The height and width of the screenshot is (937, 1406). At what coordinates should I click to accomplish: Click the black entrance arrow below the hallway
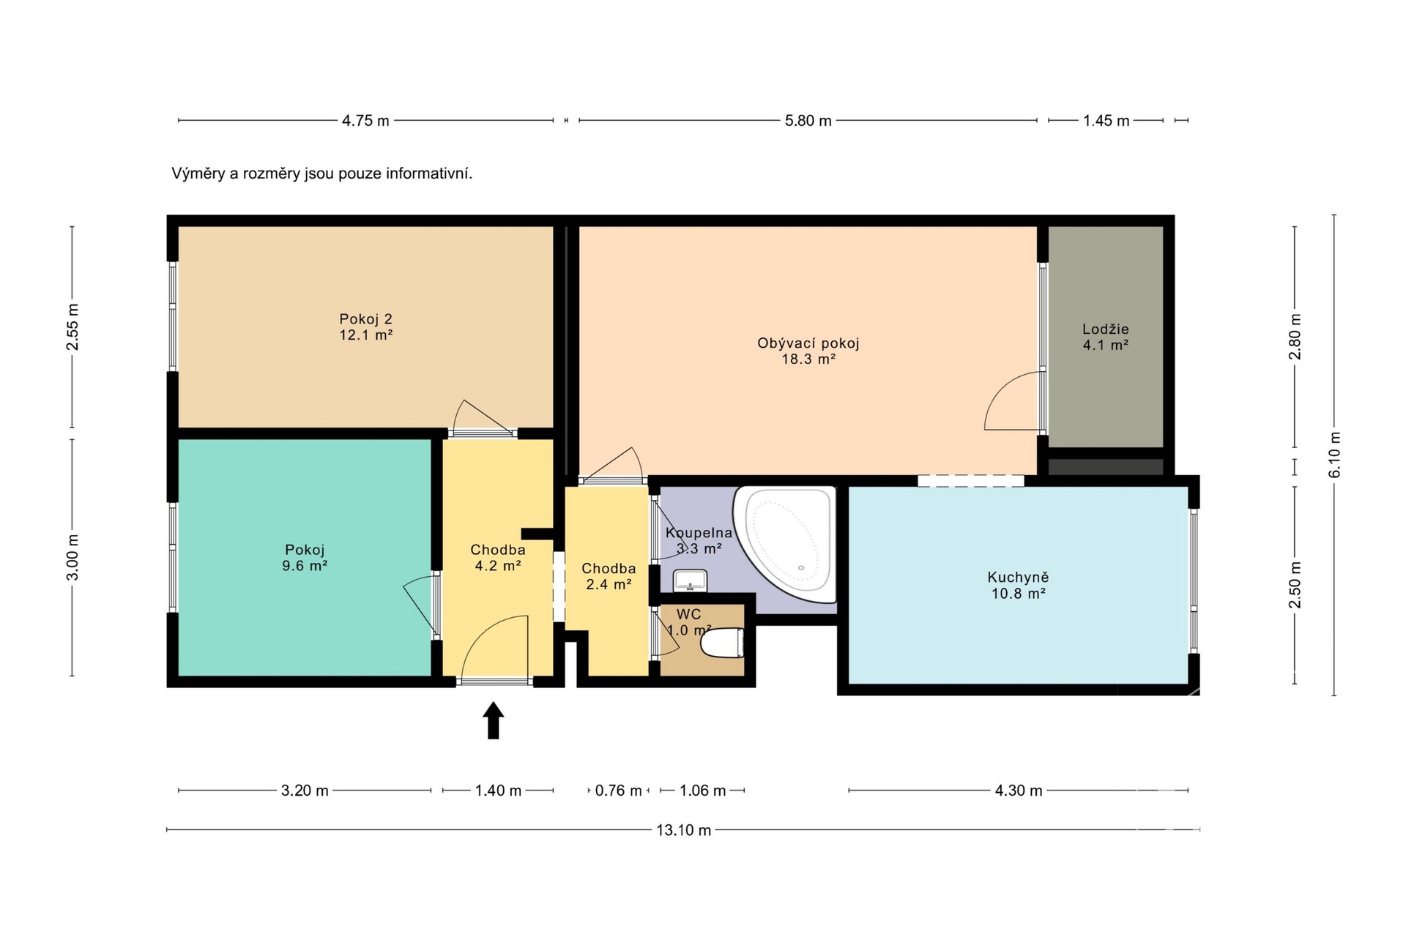tap(494, 720)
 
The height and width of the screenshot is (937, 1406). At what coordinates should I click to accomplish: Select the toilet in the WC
tap(722, 643)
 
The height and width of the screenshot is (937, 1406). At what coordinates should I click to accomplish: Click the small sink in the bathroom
tap(690, 581)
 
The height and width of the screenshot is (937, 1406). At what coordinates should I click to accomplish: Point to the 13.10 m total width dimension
tap(683, 830)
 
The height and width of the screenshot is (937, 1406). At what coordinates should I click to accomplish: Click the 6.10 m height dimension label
tap(1334, 455)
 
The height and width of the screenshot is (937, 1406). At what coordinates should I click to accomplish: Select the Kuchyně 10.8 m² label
tap(1018, 586)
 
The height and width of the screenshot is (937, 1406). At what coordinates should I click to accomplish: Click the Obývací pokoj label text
tap(808, 343)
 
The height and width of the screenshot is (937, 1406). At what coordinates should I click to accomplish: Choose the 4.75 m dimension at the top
tap(365, 121)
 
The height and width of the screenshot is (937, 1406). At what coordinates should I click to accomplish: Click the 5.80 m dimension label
tap(808, 121)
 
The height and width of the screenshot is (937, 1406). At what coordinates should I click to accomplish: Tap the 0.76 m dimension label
tap(618, 791)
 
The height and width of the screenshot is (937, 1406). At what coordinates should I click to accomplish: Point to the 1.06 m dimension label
tap(702, 791)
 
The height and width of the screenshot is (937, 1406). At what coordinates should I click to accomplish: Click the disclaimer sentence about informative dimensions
tap(322, 173)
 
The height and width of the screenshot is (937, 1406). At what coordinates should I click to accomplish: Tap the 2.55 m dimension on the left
tap(72, 326)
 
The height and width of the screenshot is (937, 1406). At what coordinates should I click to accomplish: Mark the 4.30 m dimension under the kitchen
tap(1018, 791)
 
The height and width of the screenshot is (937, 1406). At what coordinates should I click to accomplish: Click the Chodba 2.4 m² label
tap(609, 576)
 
